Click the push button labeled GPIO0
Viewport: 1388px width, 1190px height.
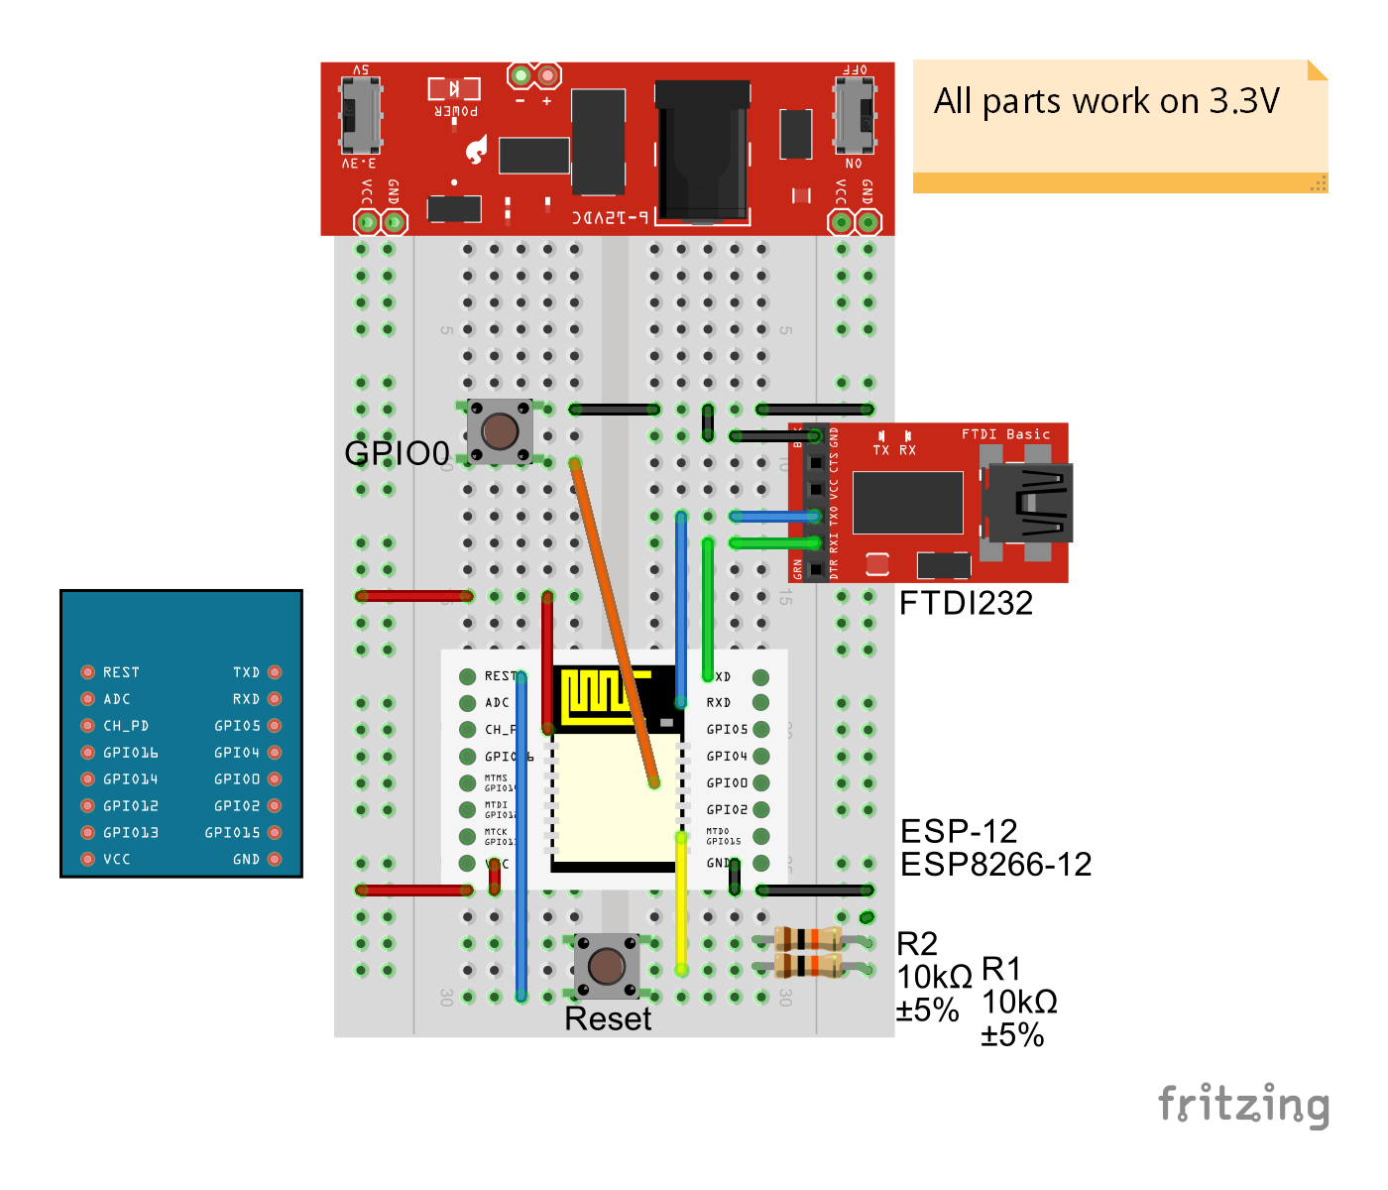point(500,431)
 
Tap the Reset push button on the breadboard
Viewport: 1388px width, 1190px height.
point(607,965)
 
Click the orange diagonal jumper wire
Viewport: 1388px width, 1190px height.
point(614,623)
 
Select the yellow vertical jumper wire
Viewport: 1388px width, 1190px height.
point(681,902)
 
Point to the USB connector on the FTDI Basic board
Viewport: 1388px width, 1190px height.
point(1029,503)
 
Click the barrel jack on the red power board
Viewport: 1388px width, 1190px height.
point(701,151)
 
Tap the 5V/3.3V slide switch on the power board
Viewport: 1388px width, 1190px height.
point(360,117)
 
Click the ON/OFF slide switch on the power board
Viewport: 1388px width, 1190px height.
point(854,117)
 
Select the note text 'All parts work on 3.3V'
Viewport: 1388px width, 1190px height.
point(1106,101)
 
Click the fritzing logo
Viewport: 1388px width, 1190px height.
point(1243,1105)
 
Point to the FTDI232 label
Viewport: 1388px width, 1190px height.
point(966,603)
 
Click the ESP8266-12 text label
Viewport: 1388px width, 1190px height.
point(995,865)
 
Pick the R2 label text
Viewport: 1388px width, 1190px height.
point(917,943)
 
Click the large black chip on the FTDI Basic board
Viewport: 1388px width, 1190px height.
point(907,503)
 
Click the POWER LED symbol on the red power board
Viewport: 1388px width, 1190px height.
point(454,89)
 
